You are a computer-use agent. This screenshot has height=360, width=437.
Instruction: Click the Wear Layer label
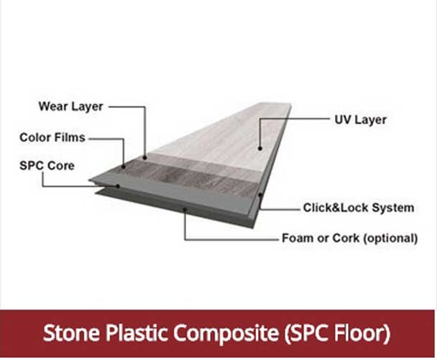pyautogui.click(x=70, y=107)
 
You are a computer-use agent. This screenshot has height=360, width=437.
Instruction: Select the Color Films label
pyautogui.click(x=52, y=137)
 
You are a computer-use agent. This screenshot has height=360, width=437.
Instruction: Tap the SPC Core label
pyautogui.click(x=46, y=165)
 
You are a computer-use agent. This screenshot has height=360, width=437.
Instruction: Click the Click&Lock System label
pyautogui.click(x=358, y=208)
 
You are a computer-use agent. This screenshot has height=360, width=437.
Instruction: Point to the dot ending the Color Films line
pyautogui.click(x=123, y=166)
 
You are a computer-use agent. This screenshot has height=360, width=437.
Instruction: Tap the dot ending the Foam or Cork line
pyautogui.click(x=185, y=210)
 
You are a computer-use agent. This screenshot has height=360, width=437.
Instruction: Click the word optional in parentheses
pyautogui.click(x=391, y=238)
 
